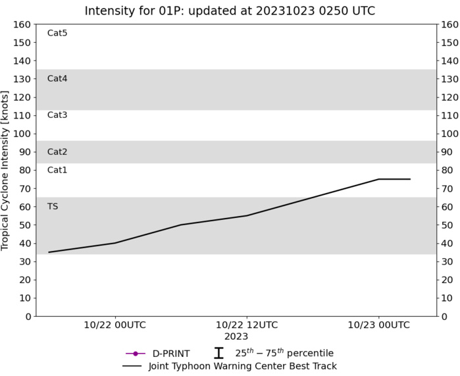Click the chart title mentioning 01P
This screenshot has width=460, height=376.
230,11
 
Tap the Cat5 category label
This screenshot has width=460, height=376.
57,33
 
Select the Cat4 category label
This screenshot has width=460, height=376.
57,78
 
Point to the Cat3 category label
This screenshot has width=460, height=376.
57,115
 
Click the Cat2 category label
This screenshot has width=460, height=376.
57,151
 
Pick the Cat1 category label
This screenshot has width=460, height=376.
57,170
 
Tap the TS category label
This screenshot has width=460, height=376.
53,206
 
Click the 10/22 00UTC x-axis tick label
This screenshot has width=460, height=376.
115,325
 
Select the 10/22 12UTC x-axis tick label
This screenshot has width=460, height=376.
247,325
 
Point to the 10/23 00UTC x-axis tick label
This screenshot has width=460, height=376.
378,325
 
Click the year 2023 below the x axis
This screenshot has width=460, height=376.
236,336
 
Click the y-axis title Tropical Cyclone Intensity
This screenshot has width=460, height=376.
6,170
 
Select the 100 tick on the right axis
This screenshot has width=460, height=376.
449,134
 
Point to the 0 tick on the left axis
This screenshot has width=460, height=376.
28,316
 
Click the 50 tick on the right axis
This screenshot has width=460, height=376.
447,225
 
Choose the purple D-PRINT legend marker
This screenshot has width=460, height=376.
136,354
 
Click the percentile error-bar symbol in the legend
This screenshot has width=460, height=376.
218,354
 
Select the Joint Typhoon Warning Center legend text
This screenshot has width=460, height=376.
243,366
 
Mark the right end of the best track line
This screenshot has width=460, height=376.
410,179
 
